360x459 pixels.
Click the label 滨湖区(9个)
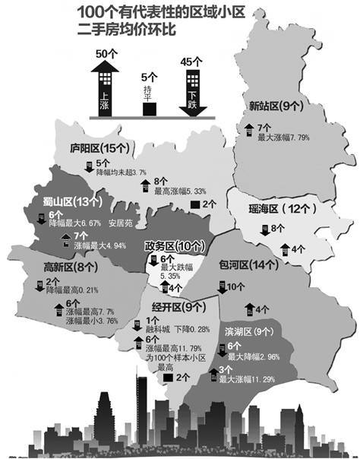(247, 331)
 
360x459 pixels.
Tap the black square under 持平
(150, 109)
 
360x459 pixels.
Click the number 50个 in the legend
(108, 54)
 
